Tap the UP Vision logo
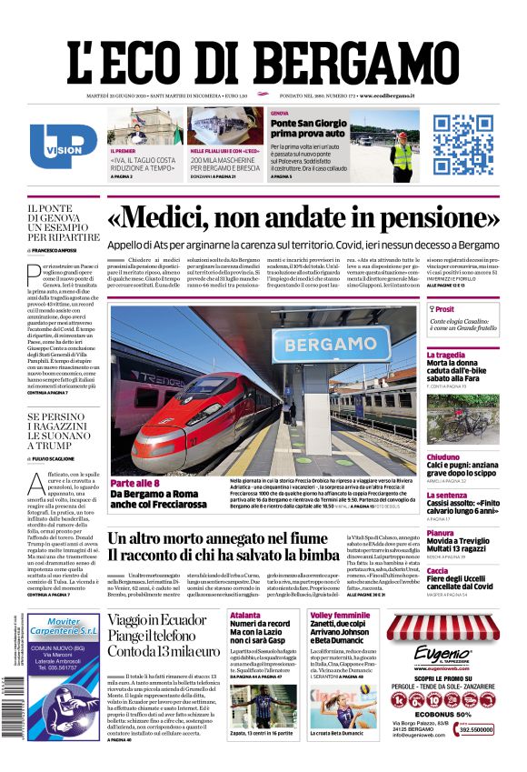[x=63, y=145]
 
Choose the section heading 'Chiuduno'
[x=443, y=456]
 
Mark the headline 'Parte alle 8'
[x=134, y=482]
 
